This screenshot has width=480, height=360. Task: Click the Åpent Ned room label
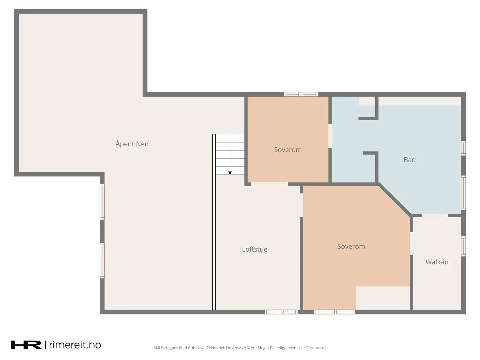click(x=132, y=144)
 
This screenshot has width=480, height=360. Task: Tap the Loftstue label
click(x=254, y=249)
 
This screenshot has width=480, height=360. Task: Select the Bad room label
click(x=409, y=160)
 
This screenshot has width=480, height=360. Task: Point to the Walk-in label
click(x=437, y=262)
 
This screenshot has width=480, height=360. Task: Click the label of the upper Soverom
click(x=288, y=150)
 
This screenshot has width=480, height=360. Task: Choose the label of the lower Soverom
click(x=351, y=247)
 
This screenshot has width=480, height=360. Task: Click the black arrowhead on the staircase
click(x=230, y=173)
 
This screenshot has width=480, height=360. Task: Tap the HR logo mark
click(x=26, y=345)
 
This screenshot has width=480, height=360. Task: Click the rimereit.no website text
click(x=75, y=345)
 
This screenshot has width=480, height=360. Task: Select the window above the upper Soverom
click(x=301, y=94)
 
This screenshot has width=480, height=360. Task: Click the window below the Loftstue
click(x=281, y=312)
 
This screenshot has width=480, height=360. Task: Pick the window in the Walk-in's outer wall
click(x=463, y=246)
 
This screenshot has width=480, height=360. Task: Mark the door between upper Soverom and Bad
click(x=330, y=136)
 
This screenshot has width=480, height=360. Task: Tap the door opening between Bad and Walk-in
click(x=435, y=215)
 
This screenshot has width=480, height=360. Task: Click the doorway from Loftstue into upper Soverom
click(x=269, y=184)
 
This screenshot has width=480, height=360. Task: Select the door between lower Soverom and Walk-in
click(x=411, y=244)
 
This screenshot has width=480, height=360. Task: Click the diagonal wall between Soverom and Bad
click(x=394, y=199)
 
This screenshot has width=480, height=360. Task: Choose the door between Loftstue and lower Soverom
click(x=301, y=205)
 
